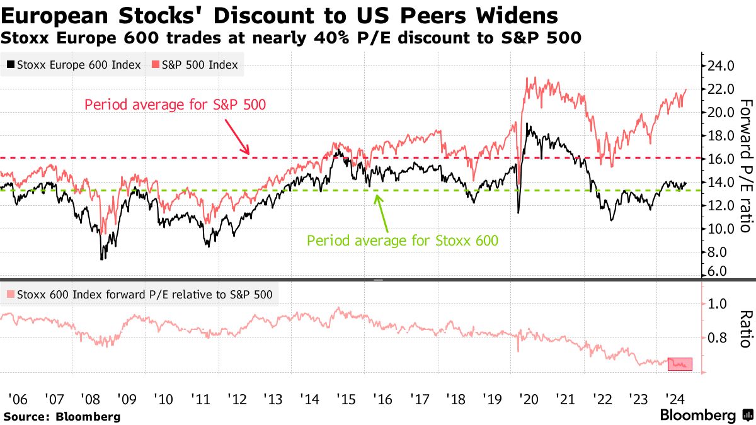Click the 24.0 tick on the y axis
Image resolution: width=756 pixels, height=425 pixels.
[721, 65]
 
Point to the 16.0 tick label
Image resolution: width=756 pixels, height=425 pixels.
[721, 159]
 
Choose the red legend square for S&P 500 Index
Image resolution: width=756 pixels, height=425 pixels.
[155, 65]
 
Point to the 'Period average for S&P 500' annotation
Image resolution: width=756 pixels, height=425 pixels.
[175, 104]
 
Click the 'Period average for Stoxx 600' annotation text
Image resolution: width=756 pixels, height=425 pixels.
[403, 240]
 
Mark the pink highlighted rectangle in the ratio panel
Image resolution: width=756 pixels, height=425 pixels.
[680, 364]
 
